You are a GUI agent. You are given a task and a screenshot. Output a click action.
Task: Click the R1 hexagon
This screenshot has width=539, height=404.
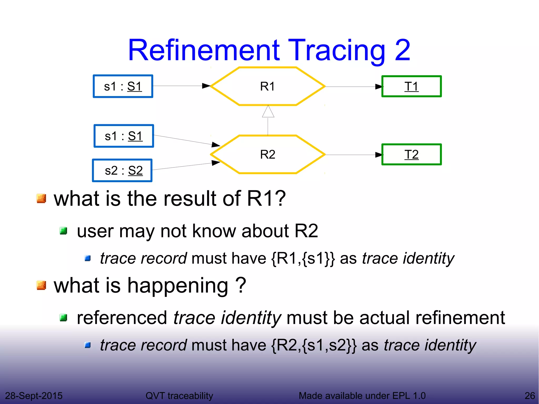pyautogui.click(x=268, y=86)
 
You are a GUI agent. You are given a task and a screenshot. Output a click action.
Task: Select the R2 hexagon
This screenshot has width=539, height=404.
pyautogui.click(x=268, y=154)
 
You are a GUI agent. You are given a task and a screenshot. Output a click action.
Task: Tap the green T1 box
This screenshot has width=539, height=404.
pyautogui.click(x=411, y=86)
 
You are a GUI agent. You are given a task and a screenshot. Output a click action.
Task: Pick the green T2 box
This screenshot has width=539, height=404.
pyautogui.click(x=411, y=154)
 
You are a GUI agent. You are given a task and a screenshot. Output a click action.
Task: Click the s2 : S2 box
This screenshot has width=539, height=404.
pyautogui.click(x=122, y=171)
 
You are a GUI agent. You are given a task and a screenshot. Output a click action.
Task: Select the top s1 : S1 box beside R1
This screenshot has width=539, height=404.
pyautogui.click(x=123, y=86)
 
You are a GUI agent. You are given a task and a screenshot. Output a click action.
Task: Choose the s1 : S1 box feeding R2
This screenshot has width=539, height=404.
pyautogui.click(x=124, y=136)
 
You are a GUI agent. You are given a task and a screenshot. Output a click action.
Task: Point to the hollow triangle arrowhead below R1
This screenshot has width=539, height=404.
pyautogui.click(x=268, y=112)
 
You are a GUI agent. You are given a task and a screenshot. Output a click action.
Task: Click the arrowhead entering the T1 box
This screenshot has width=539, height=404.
pyautogui.click(x=379, y=87)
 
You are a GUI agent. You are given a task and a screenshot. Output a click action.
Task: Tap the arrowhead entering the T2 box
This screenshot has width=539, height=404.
pyautogui.click(x=379, y=155)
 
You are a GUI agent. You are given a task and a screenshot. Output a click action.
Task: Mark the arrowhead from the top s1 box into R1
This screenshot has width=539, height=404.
pyautogui.click(x=206, y=86)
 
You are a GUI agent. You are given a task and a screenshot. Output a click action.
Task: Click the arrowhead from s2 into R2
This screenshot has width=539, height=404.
pyautogui.click(x=216, y=163)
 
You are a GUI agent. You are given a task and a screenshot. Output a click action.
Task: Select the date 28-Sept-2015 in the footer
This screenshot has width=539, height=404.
pyautogui.click(x=34, y=396)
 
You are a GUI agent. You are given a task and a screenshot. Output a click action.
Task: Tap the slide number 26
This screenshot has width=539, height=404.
pyautogui.click(x=530, y=396)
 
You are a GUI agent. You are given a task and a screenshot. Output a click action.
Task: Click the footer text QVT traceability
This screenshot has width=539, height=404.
pyautogui.click(x=179, y=396)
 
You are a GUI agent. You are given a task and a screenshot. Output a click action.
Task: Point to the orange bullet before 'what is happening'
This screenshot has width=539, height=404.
pyautogui.click(x=41, y=285)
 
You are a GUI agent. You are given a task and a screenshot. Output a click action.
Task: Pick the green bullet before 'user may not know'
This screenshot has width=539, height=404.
pyautogui.click(x=63, y=231)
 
